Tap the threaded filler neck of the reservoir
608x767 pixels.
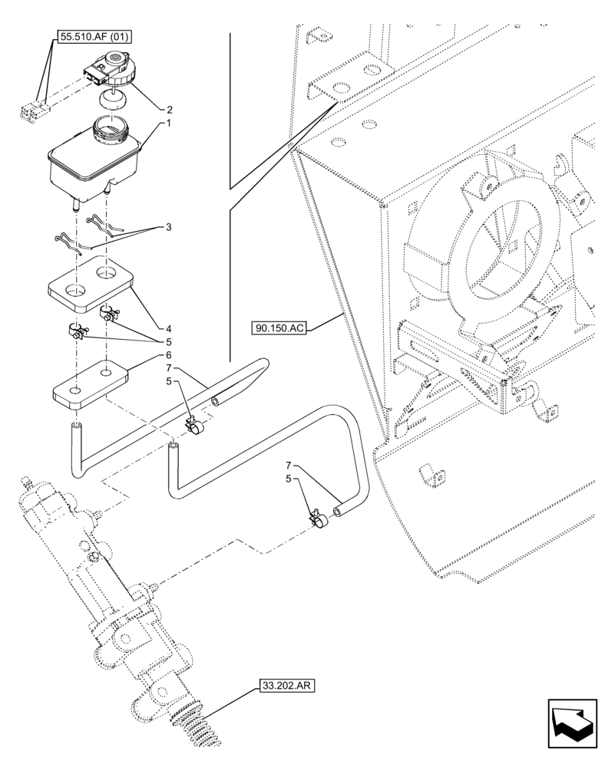[x=110, y=128]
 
